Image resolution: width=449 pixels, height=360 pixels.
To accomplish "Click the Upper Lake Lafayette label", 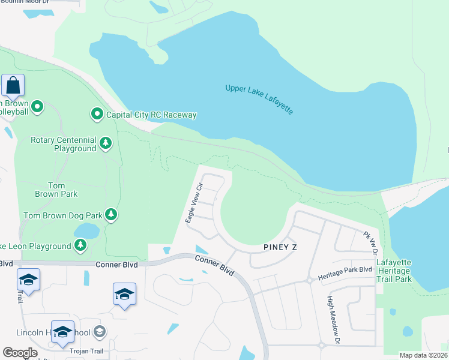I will [x=259, y=99].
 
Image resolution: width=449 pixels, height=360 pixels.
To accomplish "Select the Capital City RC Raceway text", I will [x=151, y=115].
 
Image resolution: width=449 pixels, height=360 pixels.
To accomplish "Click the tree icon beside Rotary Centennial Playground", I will [x=106, y=143].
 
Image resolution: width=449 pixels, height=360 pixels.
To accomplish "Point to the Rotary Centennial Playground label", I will [x=63, y=144].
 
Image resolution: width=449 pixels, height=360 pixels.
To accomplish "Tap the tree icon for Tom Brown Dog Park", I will [x=110, y=215].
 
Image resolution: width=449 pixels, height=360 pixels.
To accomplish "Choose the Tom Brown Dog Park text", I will [x=62, y=215].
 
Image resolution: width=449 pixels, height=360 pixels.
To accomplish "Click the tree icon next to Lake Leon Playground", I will [x=80, y=245].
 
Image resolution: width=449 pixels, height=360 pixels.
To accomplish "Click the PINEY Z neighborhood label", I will [x=280, y=247].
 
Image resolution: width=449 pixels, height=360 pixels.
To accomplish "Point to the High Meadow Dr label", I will [x=333, y=319].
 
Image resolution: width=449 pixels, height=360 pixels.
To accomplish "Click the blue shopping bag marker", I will [x=13, y=86].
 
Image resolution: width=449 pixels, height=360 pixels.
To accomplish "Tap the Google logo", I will [x=20, y=352].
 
